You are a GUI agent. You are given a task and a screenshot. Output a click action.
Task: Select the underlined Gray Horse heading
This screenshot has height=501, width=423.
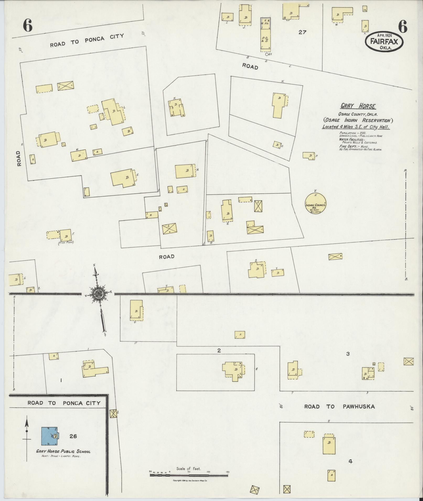358,106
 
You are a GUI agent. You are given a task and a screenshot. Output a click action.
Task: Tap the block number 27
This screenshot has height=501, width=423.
302,32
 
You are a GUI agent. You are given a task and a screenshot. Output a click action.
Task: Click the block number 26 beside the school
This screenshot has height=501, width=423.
73,436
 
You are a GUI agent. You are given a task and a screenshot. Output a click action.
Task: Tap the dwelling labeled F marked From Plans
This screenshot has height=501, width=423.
65,235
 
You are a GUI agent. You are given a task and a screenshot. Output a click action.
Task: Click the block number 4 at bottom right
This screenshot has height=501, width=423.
350,461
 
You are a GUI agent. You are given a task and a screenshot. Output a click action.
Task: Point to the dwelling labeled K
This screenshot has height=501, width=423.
177,108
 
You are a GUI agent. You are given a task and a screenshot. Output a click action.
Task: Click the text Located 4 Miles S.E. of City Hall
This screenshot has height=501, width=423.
356,127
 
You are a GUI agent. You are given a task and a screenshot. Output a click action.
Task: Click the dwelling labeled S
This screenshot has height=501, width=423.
256,270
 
